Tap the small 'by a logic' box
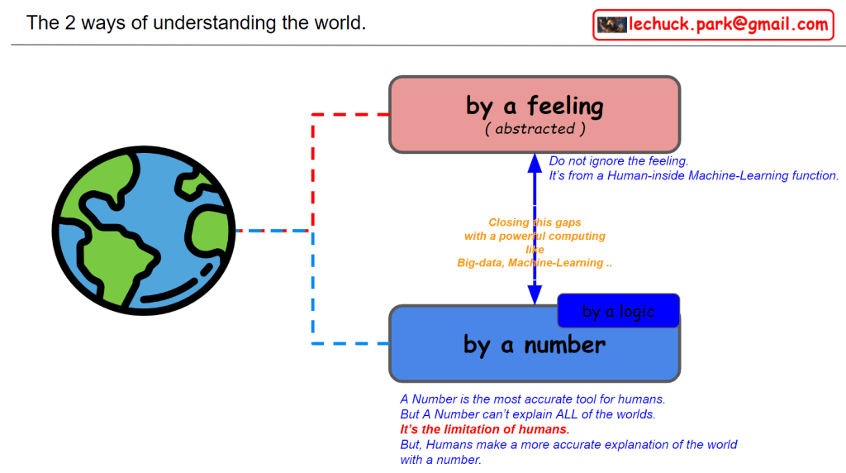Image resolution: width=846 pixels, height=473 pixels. click(618, 311)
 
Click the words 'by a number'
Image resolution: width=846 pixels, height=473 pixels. click(535, 344)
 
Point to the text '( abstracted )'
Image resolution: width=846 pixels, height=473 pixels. click(535, 129)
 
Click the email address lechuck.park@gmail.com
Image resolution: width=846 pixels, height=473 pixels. click(729, 25)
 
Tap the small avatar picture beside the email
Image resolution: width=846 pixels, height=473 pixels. click(612, 25)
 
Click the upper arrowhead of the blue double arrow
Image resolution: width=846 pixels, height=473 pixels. click(535, 164)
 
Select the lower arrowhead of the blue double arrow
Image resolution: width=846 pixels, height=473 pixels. click(535, 295)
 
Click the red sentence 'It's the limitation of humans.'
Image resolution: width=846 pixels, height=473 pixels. click(485, 429)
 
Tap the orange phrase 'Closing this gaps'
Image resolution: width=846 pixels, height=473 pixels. click(535, 222)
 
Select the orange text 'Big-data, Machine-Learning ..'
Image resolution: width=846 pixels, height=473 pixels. click(535, 263)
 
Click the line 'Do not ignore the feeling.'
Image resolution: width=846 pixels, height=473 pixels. click(619, 161)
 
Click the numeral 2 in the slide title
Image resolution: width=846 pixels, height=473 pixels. click(71, 22)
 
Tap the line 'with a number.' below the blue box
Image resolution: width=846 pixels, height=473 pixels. click(440, 460)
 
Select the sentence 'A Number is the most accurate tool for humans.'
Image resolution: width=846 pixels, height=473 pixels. click(533, 399)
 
